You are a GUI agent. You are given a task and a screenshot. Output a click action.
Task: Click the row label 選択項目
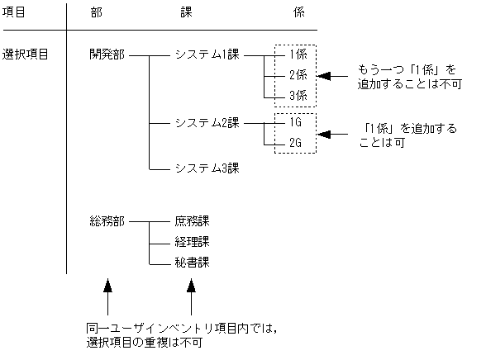[x=26, y=55]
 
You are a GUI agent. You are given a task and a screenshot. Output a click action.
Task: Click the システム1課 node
[x=207, y=55]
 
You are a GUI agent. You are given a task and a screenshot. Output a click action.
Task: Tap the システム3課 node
[x=207, y=168]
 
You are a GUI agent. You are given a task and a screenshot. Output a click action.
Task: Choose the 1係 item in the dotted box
[x=298, y=55]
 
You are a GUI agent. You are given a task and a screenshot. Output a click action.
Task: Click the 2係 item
[x=298, y=75]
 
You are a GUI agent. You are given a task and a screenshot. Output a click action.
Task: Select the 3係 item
[x=298, y=96]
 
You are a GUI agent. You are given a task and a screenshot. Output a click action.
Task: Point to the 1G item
[x=296, y=122]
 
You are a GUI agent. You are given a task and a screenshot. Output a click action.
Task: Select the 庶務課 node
[x=192, y=221]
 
